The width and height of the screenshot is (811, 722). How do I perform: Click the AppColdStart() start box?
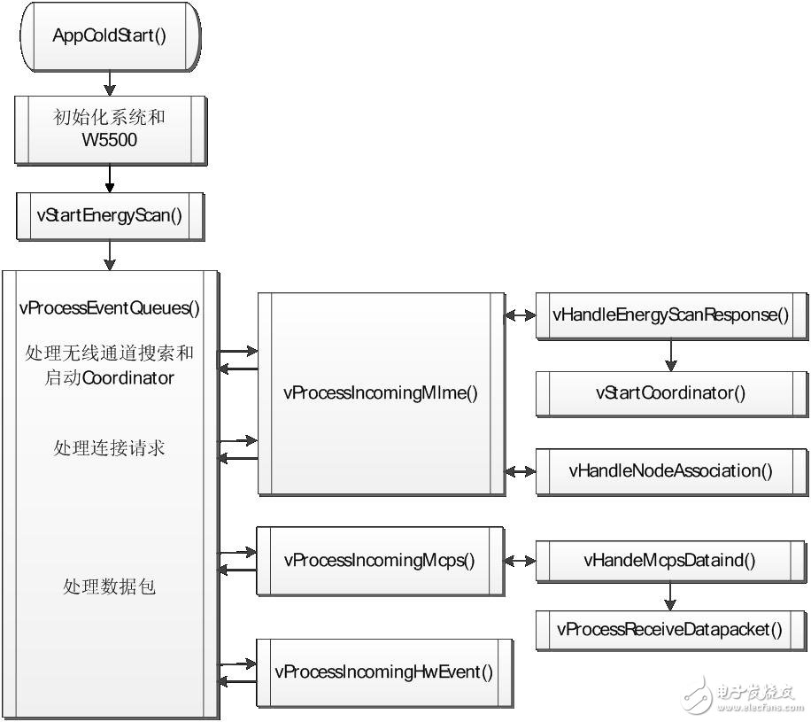point(110,36)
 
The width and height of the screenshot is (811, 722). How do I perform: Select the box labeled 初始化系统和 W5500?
point(110,128)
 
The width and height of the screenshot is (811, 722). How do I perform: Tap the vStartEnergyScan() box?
point(110,215)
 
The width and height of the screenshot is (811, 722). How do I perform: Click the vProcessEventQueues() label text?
point(110,308)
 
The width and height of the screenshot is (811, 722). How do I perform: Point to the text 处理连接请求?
point(110,448)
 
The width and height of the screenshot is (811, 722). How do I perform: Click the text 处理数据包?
point(110,586)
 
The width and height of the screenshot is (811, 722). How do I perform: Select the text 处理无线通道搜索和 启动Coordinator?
point(110,365)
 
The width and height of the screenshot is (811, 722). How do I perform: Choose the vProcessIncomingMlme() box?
point(381,392)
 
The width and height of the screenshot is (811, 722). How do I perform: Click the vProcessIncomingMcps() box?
point(380,560)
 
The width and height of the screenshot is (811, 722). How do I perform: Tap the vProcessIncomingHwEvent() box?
point(384,671)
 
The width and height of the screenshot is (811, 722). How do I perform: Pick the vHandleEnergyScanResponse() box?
point(671,314)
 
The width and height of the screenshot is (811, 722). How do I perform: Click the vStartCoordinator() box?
point(671,392)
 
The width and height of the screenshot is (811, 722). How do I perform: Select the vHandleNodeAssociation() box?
point(671,470)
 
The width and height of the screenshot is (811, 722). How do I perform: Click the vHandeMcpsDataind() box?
point(671,560)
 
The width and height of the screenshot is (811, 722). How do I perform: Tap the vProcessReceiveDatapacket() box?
point(671,630)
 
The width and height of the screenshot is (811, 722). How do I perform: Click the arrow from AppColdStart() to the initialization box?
point(110,82)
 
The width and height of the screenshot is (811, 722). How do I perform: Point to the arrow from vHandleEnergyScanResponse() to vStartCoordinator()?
point(671,354)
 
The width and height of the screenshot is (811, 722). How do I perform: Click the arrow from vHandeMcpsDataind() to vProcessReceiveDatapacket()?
point(671,595)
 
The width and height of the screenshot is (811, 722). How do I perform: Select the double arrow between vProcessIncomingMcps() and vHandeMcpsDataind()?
point(519,561)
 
